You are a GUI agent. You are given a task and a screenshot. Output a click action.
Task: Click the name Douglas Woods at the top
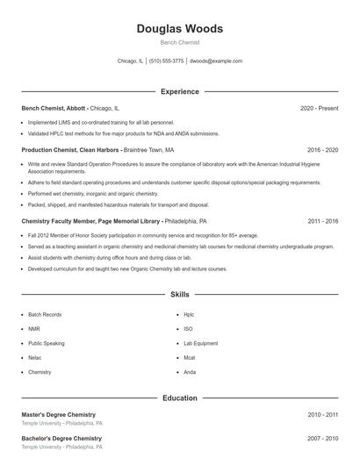[179, 29]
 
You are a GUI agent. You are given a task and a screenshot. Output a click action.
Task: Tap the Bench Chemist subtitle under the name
[179, 42]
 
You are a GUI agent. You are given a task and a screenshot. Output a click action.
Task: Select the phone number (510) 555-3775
[167, 61]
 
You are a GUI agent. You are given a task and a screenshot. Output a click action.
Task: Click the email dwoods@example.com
[216, 61]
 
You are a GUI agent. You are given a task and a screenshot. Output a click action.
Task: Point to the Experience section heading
[179, 91]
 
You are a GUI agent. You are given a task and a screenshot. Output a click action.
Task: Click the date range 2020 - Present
[320, 108]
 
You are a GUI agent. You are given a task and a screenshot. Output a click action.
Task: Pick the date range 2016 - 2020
[322, 150]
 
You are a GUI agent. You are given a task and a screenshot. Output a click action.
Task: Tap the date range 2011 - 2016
[322, 222]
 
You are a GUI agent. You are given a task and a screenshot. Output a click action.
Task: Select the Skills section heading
[179, 295]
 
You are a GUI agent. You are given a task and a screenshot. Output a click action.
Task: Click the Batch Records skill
[45, 314]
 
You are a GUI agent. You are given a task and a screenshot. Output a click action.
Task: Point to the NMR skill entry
[34, 329]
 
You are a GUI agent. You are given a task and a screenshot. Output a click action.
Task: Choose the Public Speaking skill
[47, 343]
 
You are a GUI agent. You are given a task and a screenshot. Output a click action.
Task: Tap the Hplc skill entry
[189, 314]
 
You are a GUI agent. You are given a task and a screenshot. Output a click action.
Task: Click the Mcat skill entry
[190, 358]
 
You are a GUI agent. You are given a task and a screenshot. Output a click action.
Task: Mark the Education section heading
[179, 398]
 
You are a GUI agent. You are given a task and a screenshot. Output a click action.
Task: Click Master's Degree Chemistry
[58, 414]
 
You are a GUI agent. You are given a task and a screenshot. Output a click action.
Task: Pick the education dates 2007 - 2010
[322, 438]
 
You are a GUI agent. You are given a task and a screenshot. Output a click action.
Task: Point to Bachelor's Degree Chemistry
[61, 438]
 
